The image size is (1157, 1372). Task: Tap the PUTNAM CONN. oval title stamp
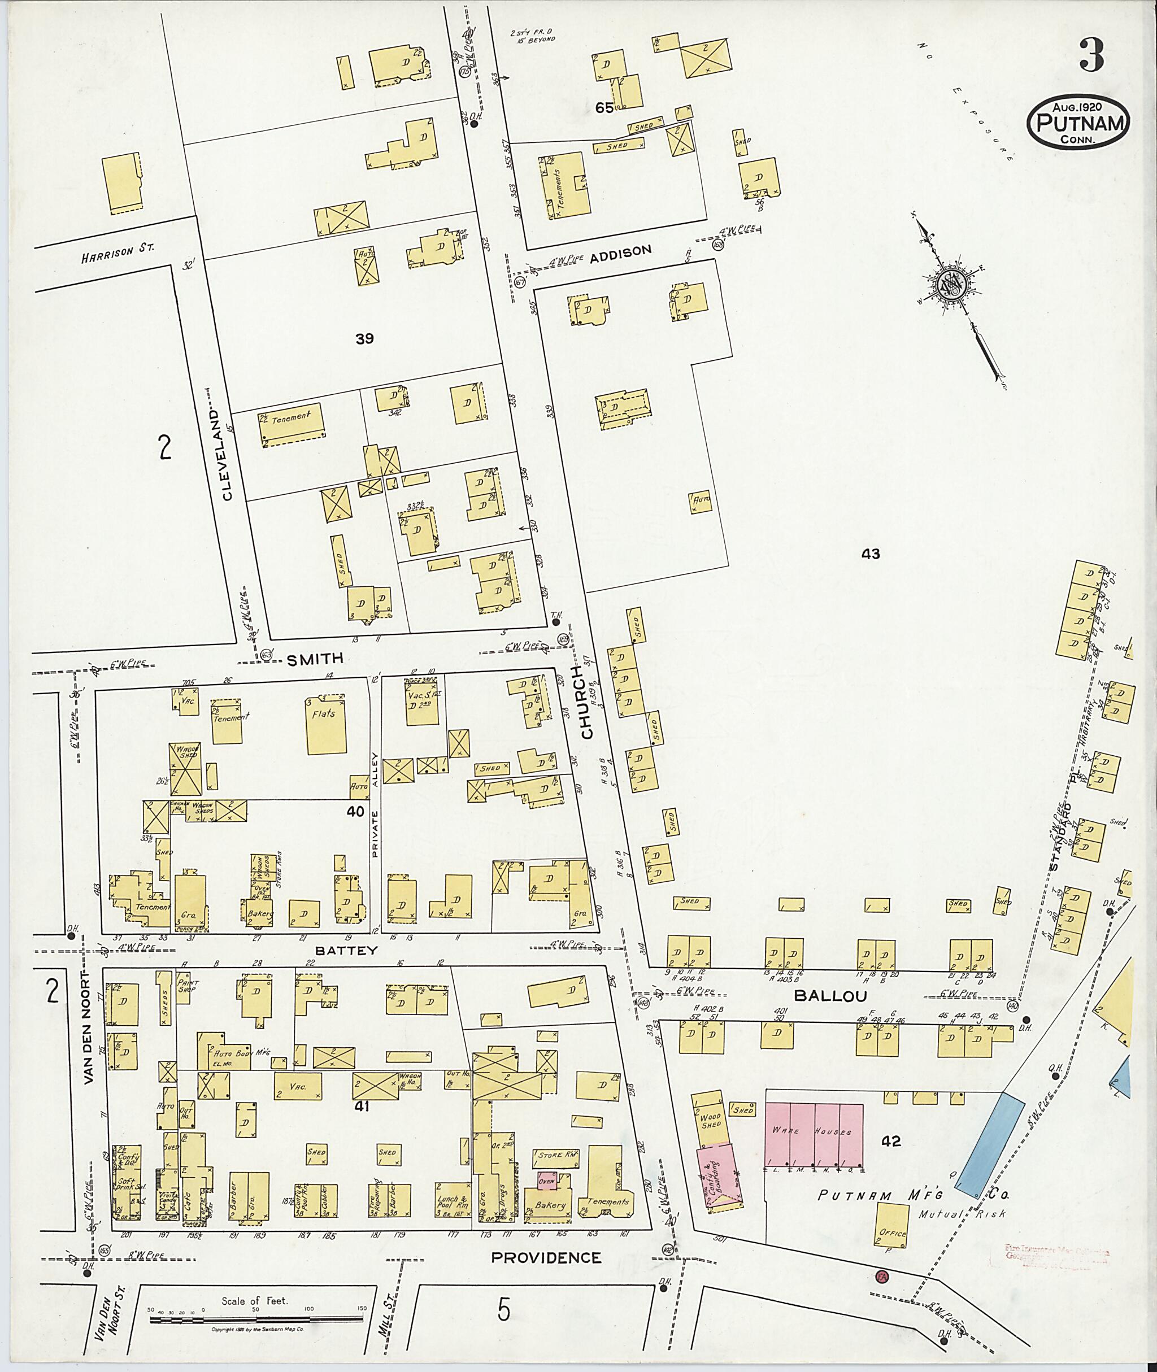point(1078,124)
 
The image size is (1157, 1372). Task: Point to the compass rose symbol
point(950,285)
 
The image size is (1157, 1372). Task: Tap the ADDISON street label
point(620,251)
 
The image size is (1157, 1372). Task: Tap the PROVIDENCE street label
point(546,1257)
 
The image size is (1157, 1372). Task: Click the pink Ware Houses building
point(814,1135)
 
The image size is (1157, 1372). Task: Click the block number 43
point(871,554)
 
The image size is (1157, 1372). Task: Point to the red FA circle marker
point(881,1276)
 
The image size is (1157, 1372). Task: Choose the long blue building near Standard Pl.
point(989,1142)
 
